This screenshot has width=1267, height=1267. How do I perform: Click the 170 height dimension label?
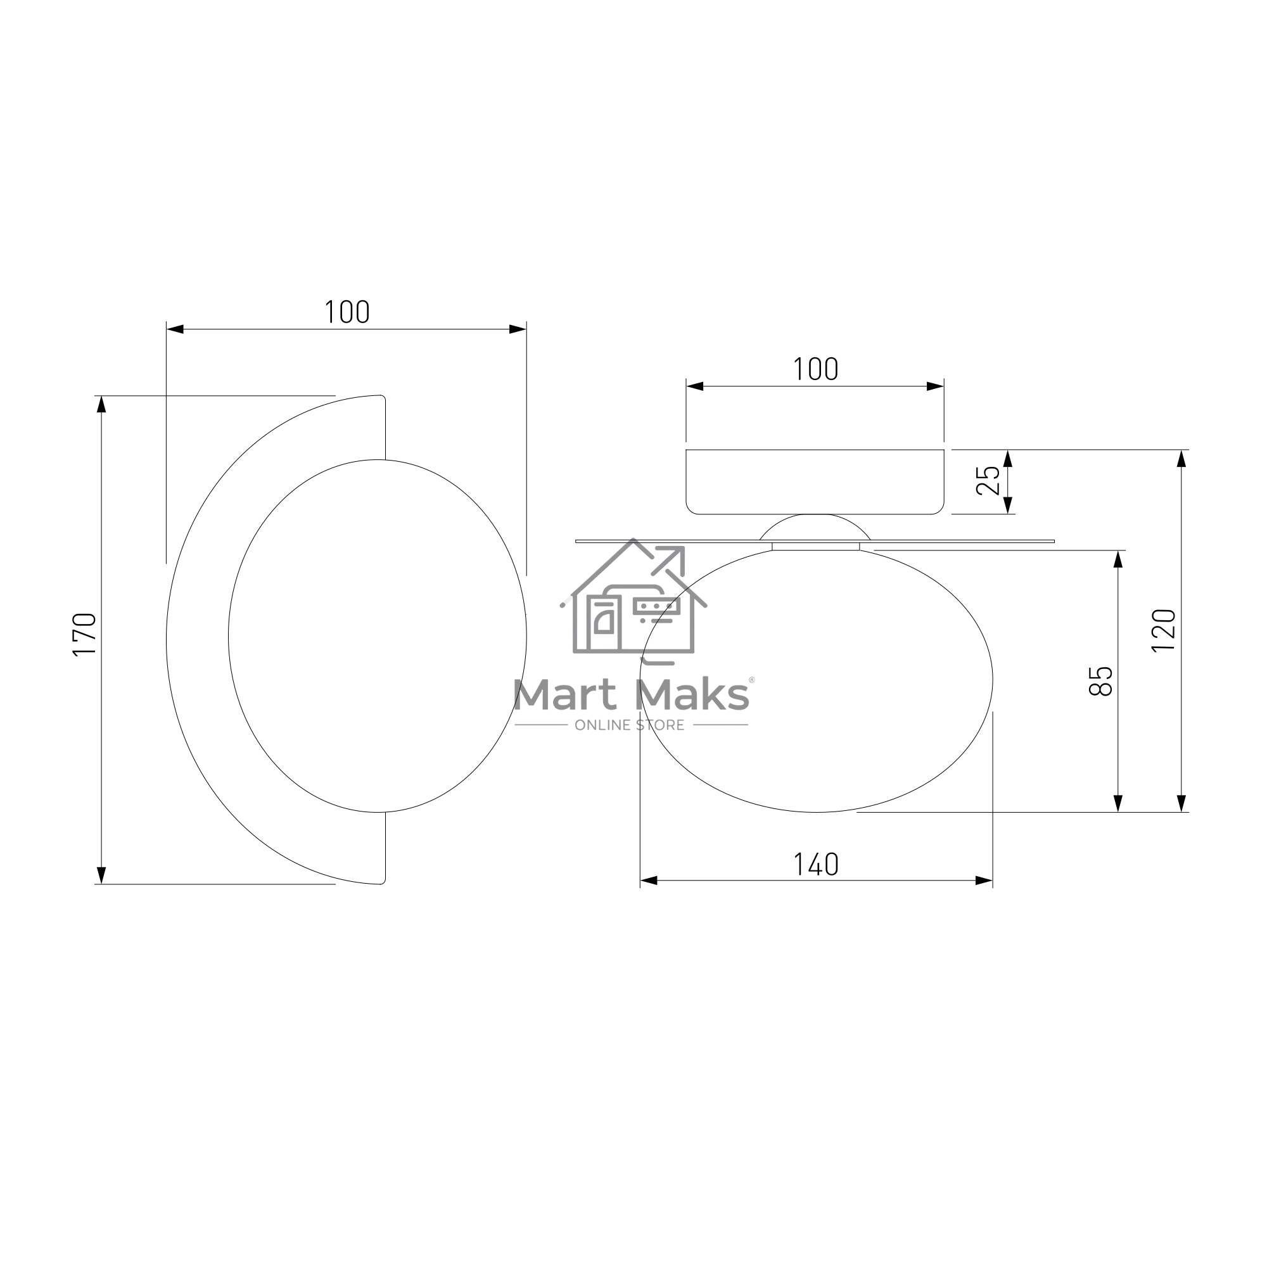coord(86,634)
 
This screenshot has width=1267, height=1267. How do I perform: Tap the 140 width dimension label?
coord(816,864)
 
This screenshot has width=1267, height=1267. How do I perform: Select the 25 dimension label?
coord(988,480)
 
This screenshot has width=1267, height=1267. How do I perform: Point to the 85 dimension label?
coord(1100,681)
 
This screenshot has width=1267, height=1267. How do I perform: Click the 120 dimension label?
coord(1164,630)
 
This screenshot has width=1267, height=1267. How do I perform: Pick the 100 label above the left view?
coord(347,312)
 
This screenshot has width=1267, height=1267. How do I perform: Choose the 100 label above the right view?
coord(816,369)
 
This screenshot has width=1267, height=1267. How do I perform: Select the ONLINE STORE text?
coord(630,725)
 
